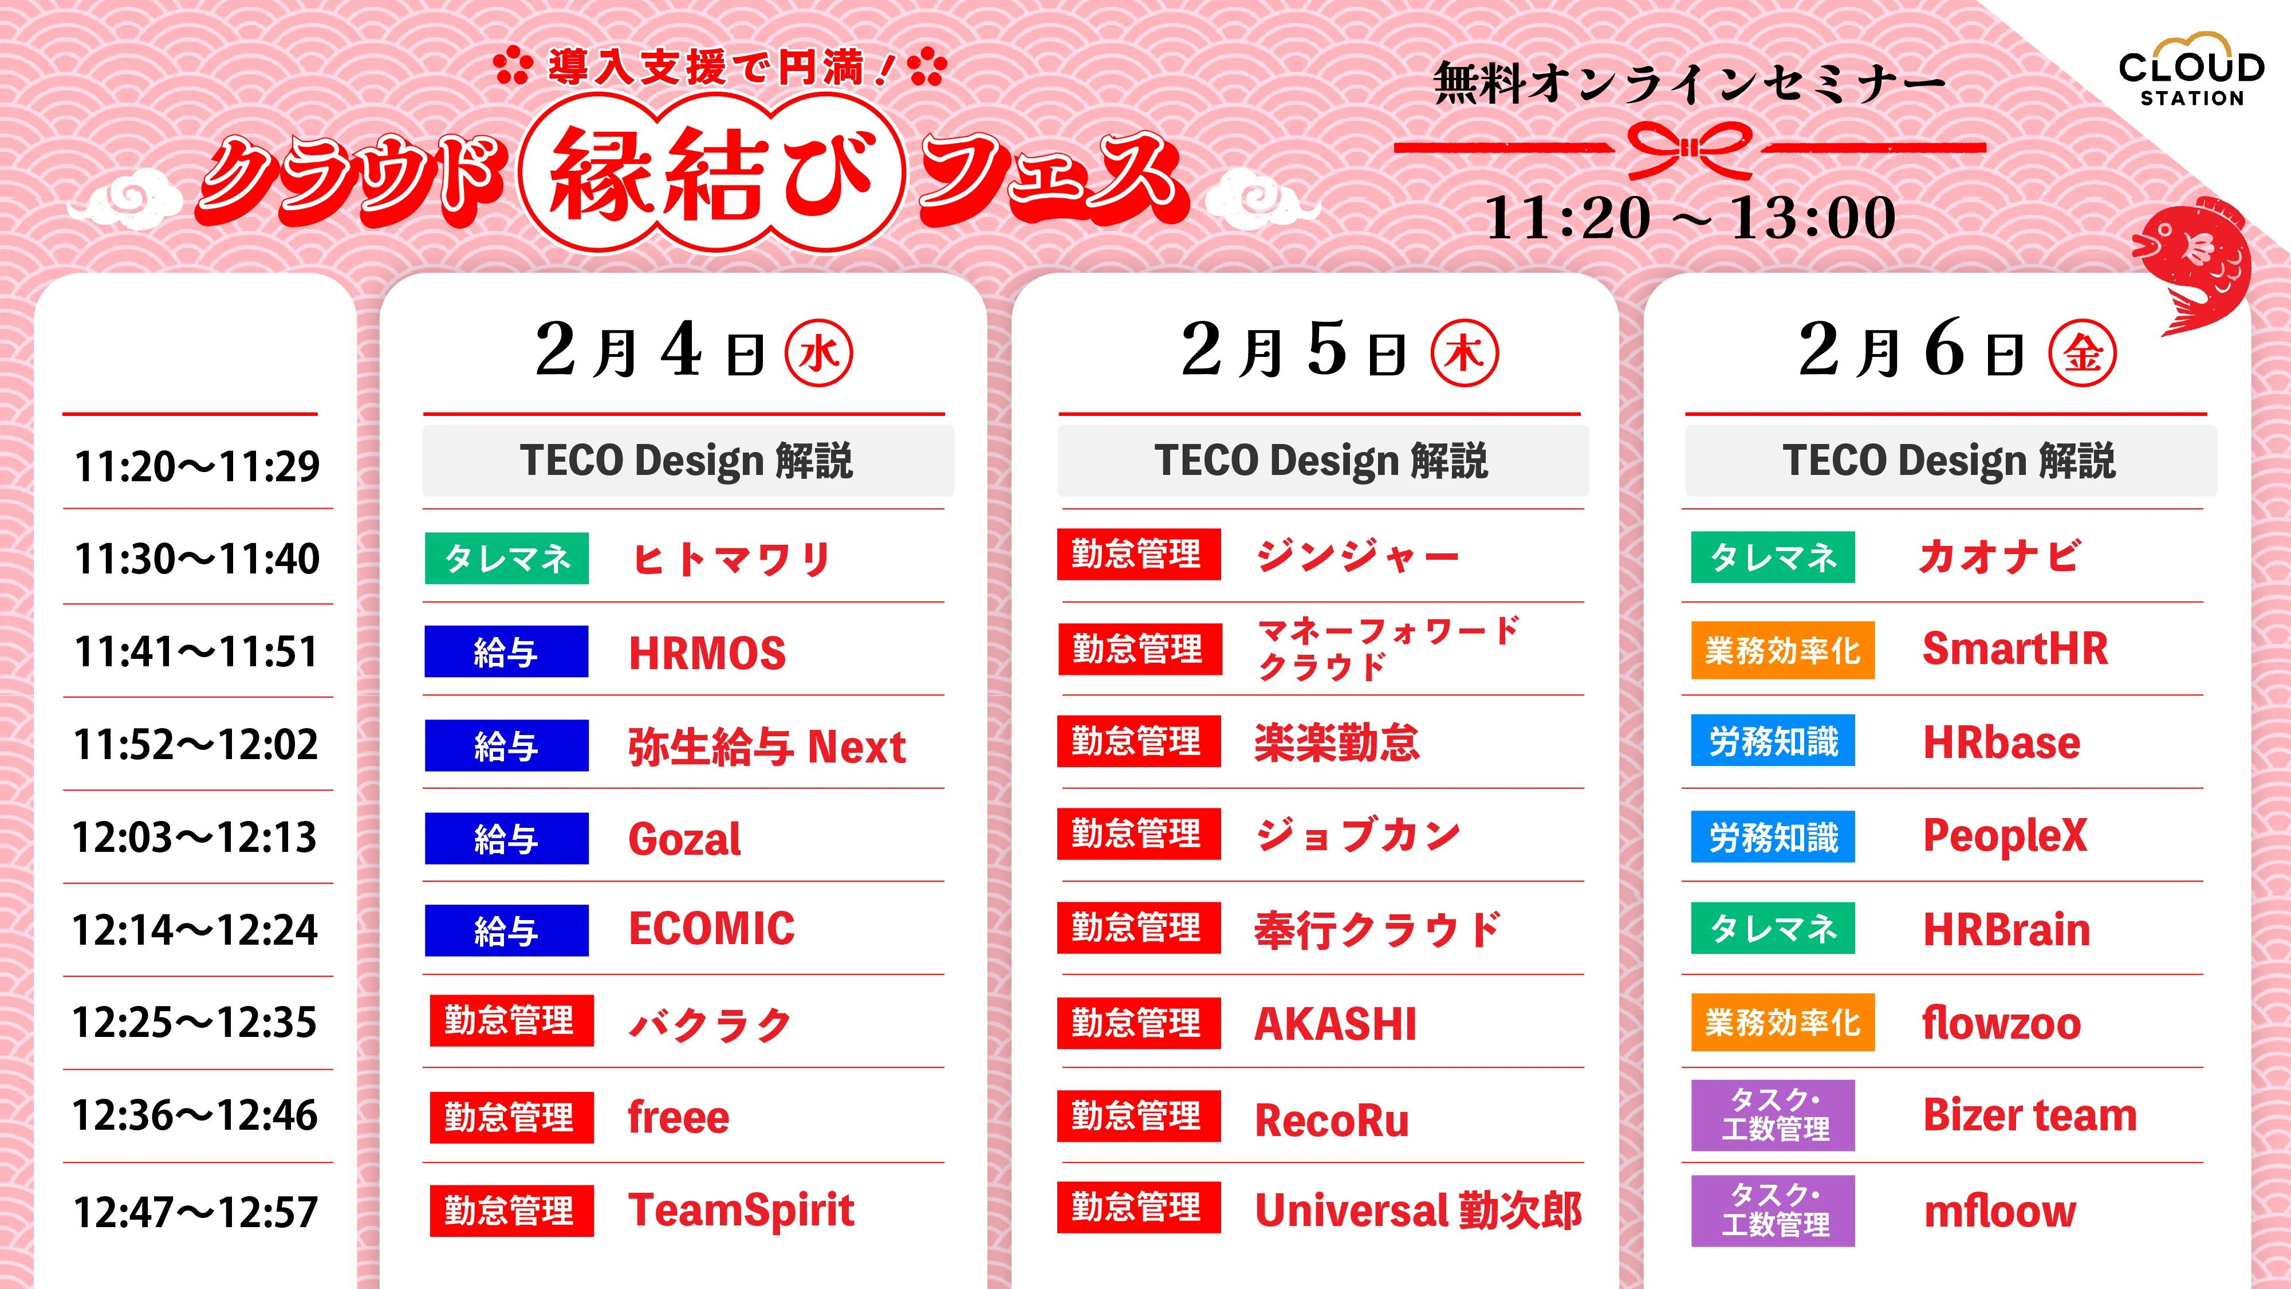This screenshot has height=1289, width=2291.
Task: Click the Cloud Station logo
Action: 2191,71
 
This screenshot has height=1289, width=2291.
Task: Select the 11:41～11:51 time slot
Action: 196,651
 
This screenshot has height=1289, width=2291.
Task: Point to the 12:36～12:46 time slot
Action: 196,1115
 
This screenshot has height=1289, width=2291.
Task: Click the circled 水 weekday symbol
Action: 818,353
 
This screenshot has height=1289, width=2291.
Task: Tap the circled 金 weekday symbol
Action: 2082,353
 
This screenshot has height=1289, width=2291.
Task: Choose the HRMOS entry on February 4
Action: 707,653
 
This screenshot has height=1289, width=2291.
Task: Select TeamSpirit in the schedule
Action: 741,1210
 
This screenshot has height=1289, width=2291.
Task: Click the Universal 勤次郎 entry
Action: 1418,1210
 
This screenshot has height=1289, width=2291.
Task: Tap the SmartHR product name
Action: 2014,649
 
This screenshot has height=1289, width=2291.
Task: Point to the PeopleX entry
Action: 2005,835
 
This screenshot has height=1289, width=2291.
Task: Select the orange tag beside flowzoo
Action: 1782,1023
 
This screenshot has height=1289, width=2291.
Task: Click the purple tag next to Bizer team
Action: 1773,1115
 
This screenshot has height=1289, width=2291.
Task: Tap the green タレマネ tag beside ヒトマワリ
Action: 507,559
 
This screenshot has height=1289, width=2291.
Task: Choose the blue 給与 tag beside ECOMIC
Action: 506,930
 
